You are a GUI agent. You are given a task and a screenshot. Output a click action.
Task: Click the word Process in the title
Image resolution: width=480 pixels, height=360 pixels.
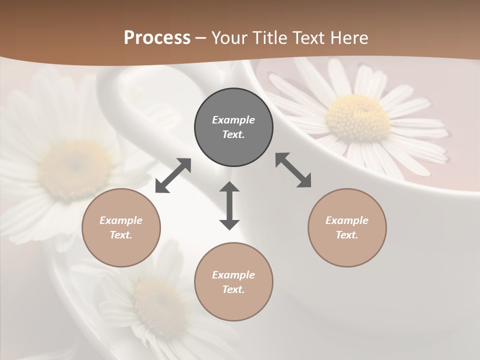[157, 38]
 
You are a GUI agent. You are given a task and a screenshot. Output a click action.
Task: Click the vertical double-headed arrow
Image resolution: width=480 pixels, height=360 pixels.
[229, 205]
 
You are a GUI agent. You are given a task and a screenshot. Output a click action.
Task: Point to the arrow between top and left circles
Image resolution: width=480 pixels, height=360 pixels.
[173, 175]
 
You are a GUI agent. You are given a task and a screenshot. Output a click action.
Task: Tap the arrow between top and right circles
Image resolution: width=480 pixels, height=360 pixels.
[293, 170]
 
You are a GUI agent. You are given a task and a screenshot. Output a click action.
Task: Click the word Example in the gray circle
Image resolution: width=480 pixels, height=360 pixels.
[233, 120]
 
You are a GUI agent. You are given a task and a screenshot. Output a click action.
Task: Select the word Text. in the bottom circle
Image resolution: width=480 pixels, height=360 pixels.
[233, 289]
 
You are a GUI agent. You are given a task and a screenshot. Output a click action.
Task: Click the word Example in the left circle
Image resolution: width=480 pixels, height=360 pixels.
[121, 220]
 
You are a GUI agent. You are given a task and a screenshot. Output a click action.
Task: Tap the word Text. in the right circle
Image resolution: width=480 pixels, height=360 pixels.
[347, 235]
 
